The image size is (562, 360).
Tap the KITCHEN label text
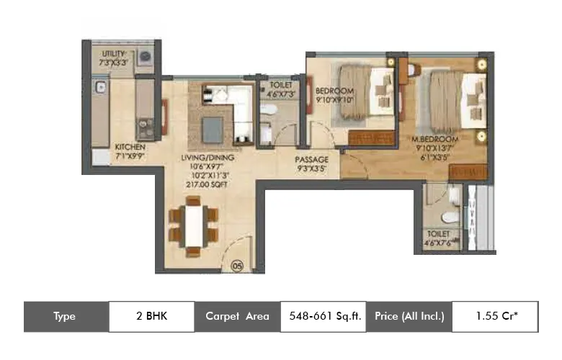130,147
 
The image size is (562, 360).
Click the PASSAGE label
311,159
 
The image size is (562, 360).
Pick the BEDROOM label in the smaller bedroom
334,91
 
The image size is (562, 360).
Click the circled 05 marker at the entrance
236,266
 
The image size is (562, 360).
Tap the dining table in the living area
192,225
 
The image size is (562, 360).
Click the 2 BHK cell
151,315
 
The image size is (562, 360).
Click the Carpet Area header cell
237,315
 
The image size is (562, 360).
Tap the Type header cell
66,315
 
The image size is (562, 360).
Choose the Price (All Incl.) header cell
409,315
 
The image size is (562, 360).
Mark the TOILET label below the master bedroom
437,235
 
